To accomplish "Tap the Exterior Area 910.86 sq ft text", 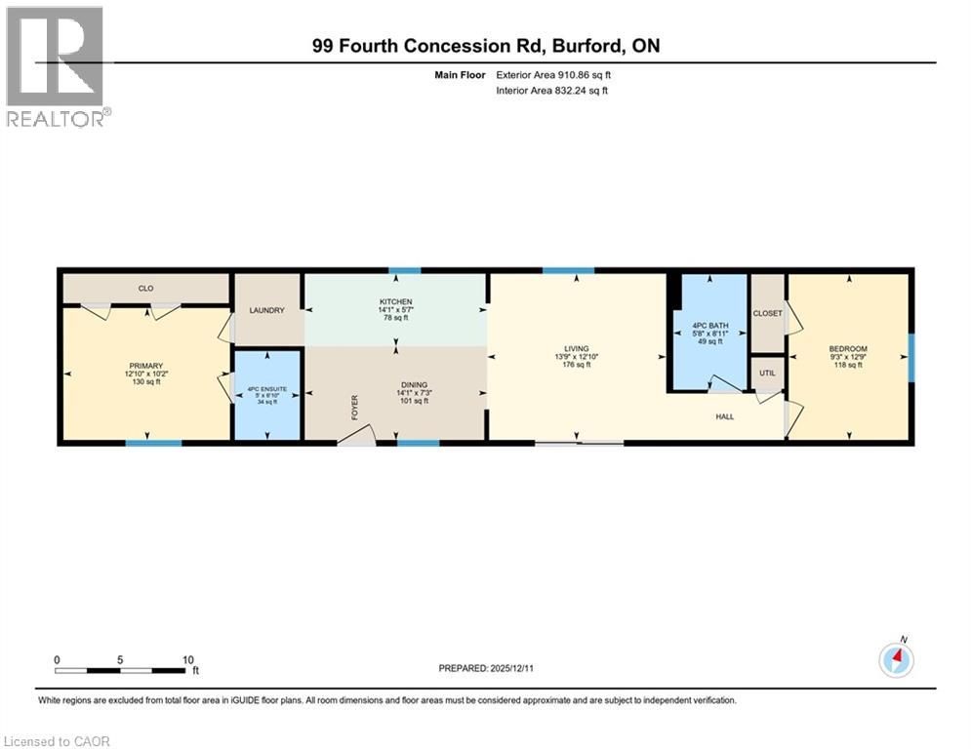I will (553, 74).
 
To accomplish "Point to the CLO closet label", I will (146, 289).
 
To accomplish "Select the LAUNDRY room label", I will (266, 310).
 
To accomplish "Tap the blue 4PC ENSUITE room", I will (265, 394).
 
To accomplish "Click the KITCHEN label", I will (395, 302).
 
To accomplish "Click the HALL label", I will (724, 416).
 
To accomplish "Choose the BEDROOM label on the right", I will (848, 349).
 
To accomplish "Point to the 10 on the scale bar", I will (187, 659).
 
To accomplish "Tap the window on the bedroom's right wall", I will (911, 357).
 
